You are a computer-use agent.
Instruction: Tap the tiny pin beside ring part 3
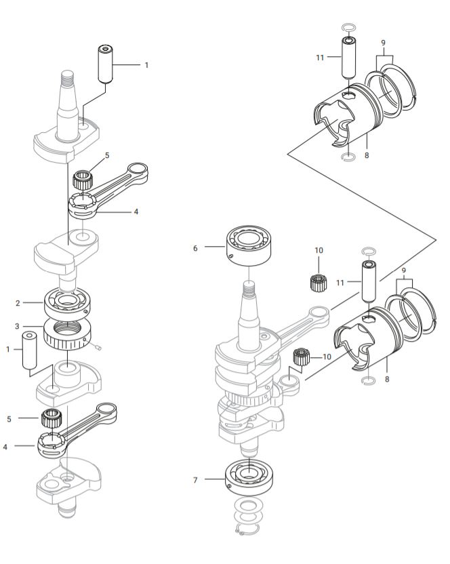pyautogui.click(x=98, y=346)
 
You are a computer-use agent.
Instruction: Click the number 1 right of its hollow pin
pyautogui.click(x=146, y=65)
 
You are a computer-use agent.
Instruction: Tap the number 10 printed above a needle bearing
pyautogui.click(x=319, y=250)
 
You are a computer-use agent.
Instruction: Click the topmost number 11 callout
pyautogui.click(x=321, y=58)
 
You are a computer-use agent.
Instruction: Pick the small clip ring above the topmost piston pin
pyautogui.click(x=347, y=28)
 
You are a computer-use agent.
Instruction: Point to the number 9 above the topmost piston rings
pyautogui.click(x=384, y=42)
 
